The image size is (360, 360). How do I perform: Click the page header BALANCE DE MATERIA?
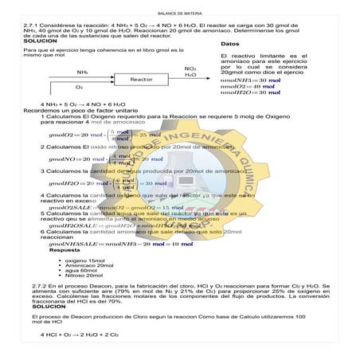coord(179,14)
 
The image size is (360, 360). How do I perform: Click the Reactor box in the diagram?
coord(141,79)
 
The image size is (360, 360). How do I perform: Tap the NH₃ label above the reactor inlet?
coord(83,71)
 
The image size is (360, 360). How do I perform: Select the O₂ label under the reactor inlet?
coord(79,87)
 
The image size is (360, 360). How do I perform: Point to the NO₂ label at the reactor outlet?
coord(190,69)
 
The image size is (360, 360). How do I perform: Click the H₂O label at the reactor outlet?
coord(190,76)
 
